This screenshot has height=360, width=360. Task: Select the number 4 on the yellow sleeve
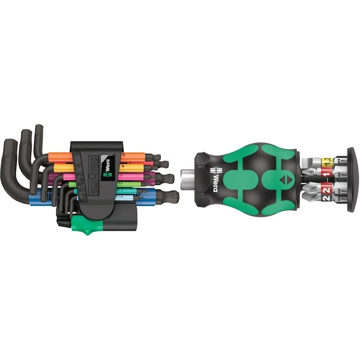(x=123, y=166)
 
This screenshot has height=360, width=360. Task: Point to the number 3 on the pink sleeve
(x=121, y=175)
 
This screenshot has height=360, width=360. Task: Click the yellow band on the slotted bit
(x=328, y=161)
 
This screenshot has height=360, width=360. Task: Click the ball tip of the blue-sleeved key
(x=173, y=197)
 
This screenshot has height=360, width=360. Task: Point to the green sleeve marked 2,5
(x=120, y=184)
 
